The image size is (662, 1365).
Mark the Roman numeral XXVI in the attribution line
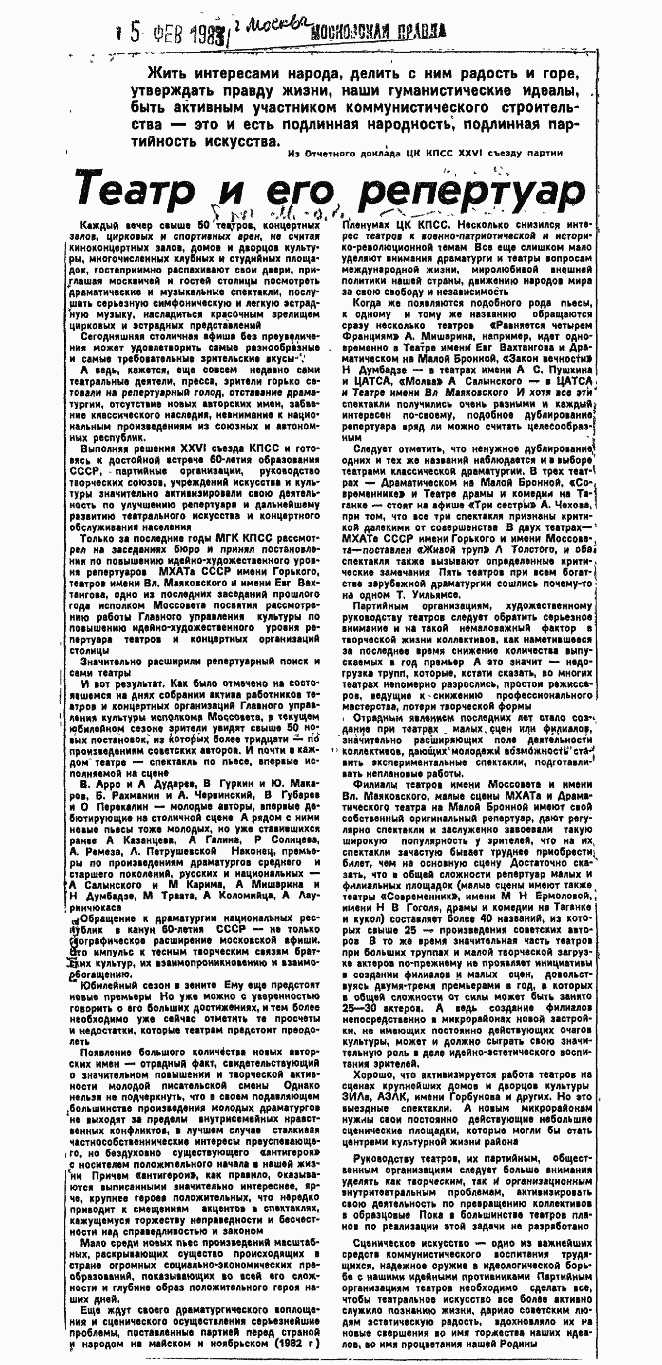point(467,153)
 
